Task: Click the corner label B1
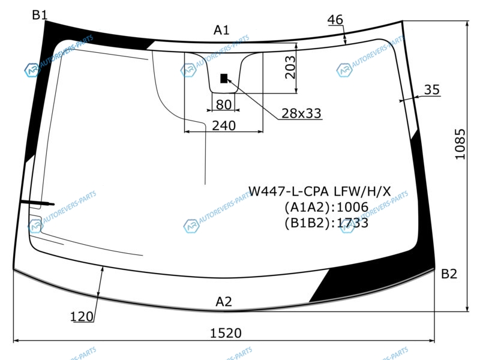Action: click(40, 14)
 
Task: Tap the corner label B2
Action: click(449, 274)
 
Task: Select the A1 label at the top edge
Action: click(221, 30)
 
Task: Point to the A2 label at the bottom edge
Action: click(224, 302)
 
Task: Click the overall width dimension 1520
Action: click(226, 333)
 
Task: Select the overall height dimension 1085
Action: click(460, 144)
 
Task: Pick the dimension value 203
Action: click(290, 67)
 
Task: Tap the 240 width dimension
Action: click(224, 125)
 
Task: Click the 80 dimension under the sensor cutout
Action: click(224, 104)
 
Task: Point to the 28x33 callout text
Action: click(301, 113)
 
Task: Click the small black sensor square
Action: click(224, 79)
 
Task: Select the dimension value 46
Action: click(335, 20)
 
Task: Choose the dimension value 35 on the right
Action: click(431, 89)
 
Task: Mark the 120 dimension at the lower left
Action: click(82, 317)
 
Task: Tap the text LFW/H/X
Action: click(362, 191)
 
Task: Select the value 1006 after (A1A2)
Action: click(352, 207)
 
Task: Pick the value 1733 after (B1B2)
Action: click(352, 223)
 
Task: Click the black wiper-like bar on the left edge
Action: click(37, 202)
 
